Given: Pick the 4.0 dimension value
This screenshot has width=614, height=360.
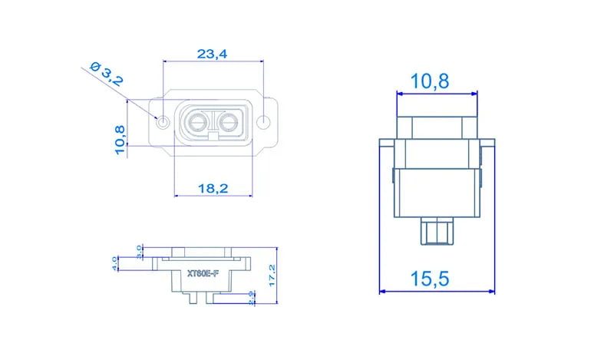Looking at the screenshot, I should (115, 264).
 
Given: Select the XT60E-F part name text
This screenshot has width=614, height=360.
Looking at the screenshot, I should (203, 273).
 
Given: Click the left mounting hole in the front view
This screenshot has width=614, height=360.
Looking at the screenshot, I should (163, 122).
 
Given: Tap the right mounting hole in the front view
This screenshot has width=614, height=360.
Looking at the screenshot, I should (265, 122).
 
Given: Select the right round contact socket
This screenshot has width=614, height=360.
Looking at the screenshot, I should (229, 121).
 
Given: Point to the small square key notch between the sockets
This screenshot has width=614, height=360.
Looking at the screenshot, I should (213, 135).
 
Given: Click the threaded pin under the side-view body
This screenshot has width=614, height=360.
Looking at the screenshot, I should (437, 231).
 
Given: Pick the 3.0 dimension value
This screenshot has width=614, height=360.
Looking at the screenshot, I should (138, 252).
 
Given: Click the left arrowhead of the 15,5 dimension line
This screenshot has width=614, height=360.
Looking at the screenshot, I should (384, 292).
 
